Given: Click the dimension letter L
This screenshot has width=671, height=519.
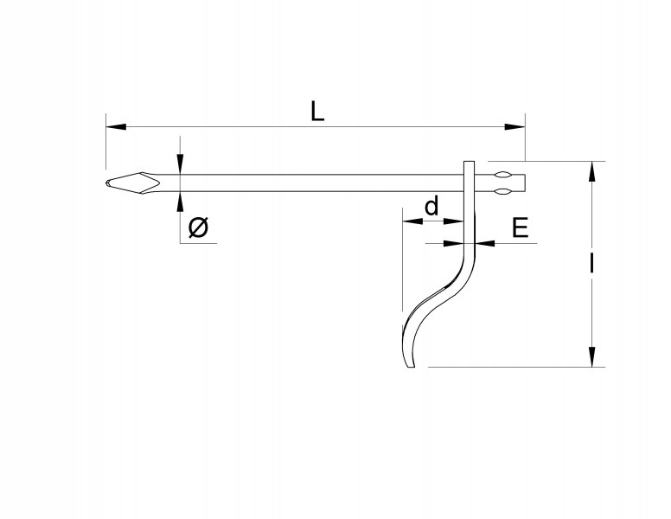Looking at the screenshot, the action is pyautogui.click(x=317, y=112).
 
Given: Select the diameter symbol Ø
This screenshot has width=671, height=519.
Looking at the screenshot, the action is pyautogui.click(x=199, y=227).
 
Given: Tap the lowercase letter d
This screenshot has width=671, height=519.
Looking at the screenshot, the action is pyautogui.click(x=431, y=206).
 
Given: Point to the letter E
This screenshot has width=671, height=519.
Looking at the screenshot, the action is pyautogui.click(x=521, y=227).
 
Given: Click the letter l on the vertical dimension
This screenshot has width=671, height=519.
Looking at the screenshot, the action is pyautogui.click(x=591, y=263).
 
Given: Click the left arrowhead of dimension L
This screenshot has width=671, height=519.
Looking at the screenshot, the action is pyautogui.click(x=116, y=127).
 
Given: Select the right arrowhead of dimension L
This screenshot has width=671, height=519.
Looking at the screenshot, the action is pyautogui.click(x=514, y=127).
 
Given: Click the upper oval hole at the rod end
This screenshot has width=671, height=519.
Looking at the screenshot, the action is pyautogui.click(x=502, y=175).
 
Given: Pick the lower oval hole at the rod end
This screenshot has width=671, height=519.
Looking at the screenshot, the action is pyautogui.click(x=502, y=191).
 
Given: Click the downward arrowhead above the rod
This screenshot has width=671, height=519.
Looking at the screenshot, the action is pyautogui.click(x=181, y=164).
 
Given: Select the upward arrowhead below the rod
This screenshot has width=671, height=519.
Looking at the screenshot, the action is pyautogui.click(x=181, y=202).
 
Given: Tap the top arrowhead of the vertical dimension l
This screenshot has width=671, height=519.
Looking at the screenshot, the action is pyautogui.click(x=591, y=172).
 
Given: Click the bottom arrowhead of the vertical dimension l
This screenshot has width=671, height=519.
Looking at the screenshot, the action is pyautogui.click(x=591, y=356).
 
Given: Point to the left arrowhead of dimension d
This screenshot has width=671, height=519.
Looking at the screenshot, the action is pyautogui.click(x=412, y=221).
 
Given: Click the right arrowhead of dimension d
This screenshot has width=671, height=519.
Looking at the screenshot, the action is pyautogui.click(x=454, y=221).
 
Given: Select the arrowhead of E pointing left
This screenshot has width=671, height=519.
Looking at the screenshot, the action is pyautogui.click(x=484, y=243).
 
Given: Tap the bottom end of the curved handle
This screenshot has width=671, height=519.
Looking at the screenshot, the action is pyautogui.click(x=410, y=367).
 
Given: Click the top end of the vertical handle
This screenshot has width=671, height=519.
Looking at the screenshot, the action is pyautogui.click(x=470, y=162).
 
